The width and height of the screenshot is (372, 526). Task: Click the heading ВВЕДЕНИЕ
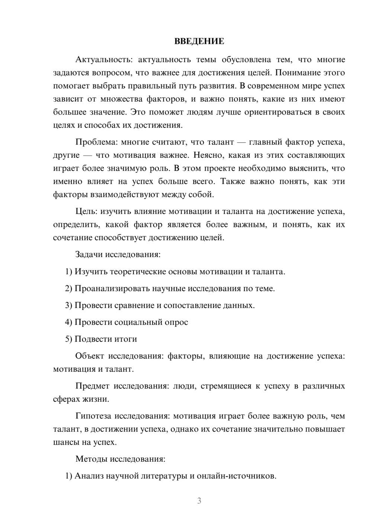[x=199, y=41]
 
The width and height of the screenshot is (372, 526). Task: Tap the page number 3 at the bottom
[x=199, y=501]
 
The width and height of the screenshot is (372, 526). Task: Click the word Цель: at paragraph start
[x=86, y=212]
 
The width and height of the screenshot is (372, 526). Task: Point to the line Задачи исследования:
[x=118, y=255]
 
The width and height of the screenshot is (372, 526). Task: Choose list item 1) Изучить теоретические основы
[x=175, y=272]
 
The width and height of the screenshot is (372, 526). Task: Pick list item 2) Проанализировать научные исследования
[x=170, y=288]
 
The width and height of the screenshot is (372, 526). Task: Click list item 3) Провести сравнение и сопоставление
[x=160, y=305]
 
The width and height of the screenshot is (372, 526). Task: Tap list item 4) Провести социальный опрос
[x=126, y=322]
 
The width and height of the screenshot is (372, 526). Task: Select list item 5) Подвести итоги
[x=101, y=339]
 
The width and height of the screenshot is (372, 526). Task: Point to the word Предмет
[x=92, y=386]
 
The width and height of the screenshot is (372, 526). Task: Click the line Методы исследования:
[x=120, y=459]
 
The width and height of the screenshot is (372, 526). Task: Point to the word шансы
[x=64, y=442]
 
